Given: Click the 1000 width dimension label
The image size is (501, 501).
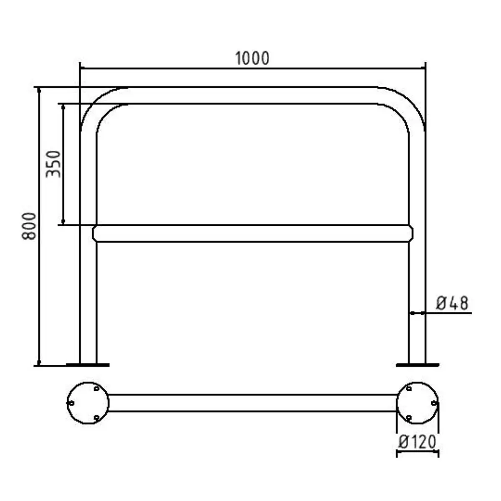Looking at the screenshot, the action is tap(252, 58).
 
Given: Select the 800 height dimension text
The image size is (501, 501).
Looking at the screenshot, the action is tap(29, 226).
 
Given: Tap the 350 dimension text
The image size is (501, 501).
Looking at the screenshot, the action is tap(53, 164).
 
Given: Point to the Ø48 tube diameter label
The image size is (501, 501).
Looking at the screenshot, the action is tap(452, 303).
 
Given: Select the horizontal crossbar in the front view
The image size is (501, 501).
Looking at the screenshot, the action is tap(253, 233).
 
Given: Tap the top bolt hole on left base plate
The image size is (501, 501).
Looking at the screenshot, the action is tap(96, 388).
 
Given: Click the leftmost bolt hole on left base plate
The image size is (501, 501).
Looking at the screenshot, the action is tap(71, 403).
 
